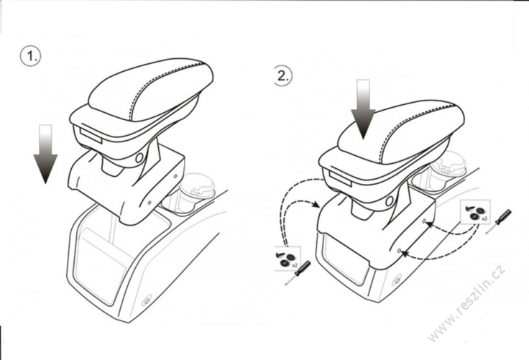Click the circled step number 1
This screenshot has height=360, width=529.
point(30,55)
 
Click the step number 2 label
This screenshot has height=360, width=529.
point(283,75)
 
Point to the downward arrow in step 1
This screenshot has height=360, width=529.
point(45,154)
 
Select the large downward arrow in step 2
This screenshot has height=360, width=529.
point(363,109)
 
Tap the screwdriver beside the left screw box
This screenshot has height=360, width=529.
point(298,273)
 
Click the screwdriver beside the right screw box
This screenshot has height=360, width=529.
point(499,221)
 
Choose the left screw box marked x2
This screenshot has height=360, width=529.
point(287,259)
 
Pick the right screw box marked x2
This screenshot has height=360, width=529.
point(475,212)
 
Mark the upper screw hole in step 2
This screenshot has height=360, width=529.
point(424,221)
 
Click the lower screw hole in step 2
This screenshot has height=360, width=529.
point(399,251)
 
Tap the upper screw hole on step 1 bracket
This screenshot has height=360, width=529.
point(175,176)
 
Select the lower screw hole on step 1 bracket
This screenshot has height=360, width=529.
point(149,203)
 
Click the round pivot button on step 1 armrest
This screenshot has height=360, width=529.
point(139,157)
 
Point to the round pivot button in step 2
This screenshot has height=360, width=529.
point(390,201)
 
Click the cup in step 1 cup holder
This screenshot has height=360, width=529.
point(197,190)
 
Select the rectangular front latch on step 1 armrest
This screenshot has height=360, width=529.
point(91,135)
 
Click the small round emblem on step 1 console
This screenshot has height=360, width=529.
point(147,300)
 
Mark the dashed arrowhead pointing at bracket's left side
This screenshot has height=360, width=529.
point(316,204)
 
